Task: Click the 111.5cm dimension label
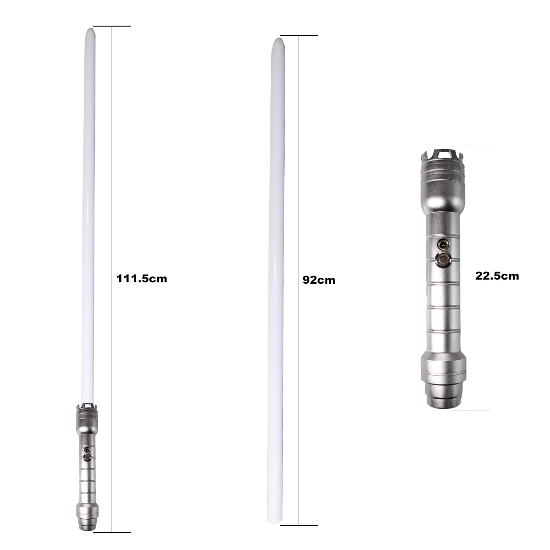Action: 142,279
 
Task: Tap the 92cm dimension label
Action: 319,280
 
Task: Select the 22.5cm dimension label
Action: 497,276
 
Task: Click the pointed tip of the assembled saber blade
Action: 90,28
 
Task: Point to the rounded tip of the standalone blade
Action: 278,38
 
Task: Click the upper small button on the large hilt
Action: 443,244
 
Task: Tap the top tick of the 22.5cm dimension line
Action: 471,145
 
